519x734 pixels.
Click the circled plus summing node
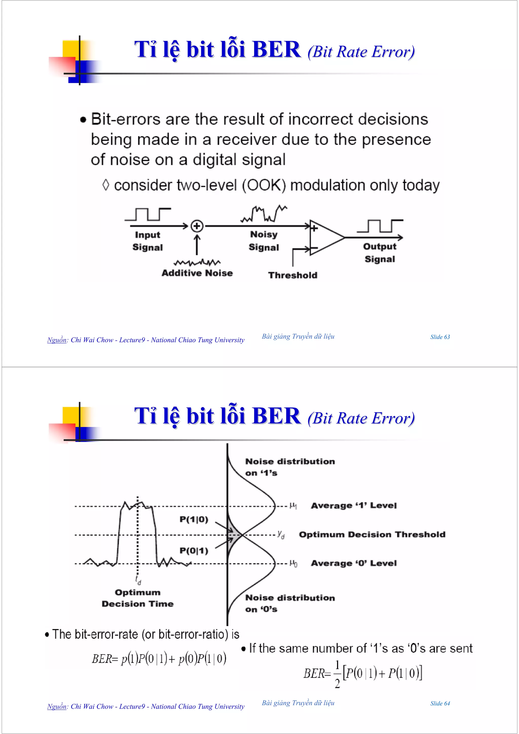(x=197, y=226)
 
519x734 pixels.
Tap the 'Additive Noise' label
(x=197, y=273)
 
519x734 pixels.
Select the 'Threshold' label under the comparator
(x=293, y=275)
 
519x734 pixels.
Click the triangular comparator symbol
(x=325, y=238)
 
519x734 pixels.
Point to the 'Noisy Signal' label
(x=264, y=241)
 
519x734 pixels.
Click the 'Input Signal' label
(x=147, y=241)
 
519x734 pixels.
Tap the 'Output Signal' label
(x=380, y=253)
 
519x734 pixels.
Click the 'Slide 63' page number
(x=440, y=337)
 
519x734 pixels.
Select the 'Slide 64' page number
(x=440, y=703)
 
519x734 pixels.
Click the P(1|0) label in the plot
(x=194, y=519)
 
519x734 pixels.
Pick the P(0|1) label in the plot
(x=194, y=551)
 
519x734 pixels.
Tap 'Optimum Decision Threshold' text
(x=372, y=534)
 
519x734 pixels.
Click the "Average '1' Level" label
(x=354, y=506)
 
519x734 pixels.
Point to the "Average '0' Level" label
(x=354, y=563)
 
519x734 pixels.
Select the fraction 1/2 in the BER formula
(x=337, y=674)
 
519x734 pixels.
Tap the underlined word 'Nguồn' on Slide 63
(x=57, y=340)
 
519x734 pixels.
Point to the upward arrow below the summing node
(x=197, y=245)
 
